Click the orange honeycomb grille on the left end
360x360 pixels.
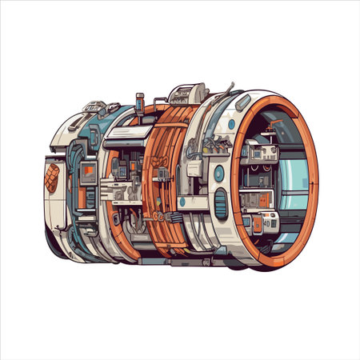(x=52, y=178)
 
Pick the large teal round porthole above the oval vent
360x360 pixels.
(x=218, y=172)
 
